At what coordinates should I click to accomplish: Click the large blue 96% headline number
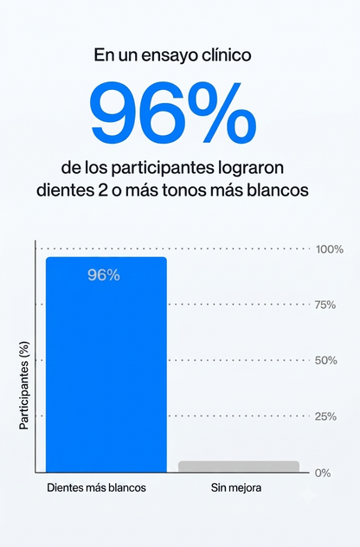click(x=173, y=113)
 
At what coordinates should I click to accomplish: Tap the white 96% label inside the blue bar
click(x=104, y=275)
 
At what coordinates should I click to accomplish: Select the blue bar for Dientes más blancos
click(x=106, y=364)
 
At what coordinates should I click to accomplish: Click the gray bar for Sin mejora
click(x=239, y=467)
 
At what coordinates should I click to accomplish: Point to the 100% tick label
click(x=330, y=249)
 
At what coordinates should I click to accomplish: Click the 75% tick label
click(x=325, y=306)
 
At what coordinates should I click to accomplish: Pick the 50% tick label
click(x=325, y=360)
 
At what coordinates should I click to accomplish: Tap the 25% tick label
click(x=325, y=416)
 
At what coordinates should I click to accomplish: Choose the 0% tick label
click(x=323, y=473)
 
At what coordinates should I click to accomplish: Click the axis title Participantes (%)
click(x=24, y=385)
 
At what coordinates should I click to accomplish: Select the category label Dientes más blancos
click(x=97, y=487)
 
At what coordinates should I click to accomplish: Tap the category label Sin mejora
click(x=236, y=487)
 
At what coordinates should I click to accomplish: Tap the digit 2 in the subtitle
click(x=102, y=190)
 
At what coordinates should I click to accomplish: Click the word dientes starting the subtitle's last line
click(x=64, y=190)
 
